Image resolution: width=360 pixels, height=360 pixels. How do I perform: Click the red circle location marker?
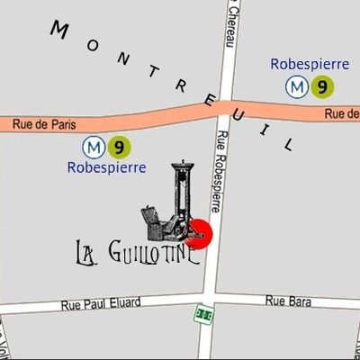click(199, 233)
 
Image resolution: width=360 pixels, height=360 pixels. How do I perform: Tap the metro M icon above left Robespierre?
click(92, 146)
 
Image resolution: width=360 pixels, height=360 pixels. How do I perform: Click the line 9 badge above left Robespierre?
click(116, 146)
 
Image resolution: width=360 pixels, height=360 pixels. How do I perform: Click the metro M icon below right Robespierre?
click(295, 86)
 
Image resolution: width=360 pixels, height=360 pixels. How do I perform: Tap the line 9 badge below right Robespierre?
click(321, 86)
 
